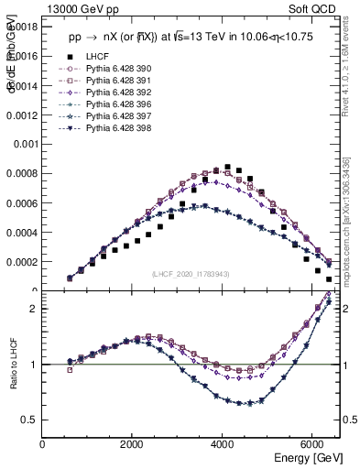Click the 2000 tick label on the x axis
(133, 444)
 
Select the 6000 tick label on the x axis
(312, 444)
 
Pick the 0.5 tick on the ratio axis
(30, 420)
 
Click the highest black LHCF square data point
(227, 167)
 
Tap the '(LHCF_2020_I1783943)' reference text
(191, 274)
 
